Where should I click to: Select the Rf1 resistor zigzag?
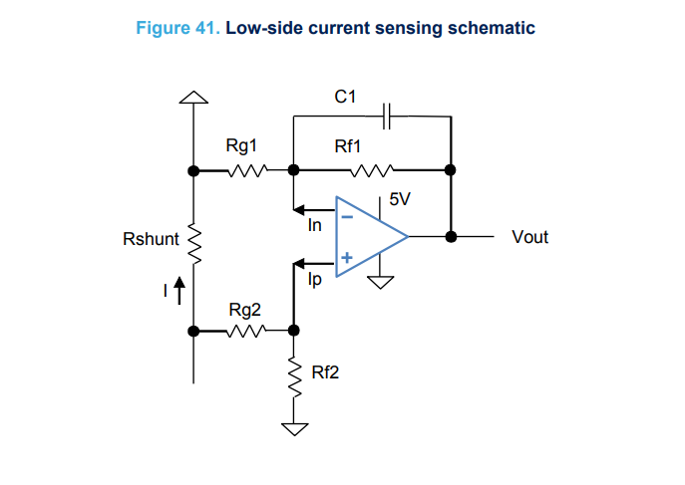[374, 170]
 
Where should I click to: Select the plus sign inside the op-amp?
[346, 258]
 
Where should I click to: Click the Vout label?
[529, 237]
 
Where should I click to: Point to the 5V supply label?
[400, 199]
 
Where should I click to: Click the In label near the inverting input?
[315, 226]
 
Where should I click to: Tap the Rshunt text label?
[151, 239]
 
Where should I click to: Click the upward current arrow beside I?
[179, 291]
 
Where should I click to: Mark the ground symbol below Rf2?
[294, 429]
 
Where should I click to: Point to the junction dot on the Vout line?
[451, 237]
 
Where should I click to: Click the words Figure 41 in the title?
[177, 27]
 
